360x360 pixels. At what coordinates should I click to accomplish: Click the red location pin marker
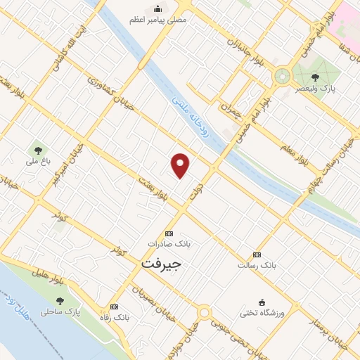pyautogui.click(x=181, y=164)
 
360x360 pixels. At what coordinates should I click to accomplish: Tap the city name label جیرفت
pyautogui.click(x=161, y=264)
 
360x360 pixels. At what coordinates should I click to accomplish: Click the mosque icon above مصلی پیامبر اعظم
pyautogui.click(x=157, y=8)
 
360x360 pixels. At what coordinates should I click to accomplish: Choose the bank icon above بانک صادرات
pyautogui.click(x=169, y=233)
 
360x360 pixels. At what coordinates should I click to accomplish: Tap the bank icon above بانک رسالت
pyautogui.click(x=257, y=255)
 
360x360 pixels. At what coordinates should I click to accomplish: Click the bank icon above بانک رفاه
pyautogui.click(x=115, y=307)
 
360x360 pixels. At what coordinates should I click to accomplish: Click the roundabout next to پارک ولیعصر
pyautogui.click(x=283, y=73)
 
